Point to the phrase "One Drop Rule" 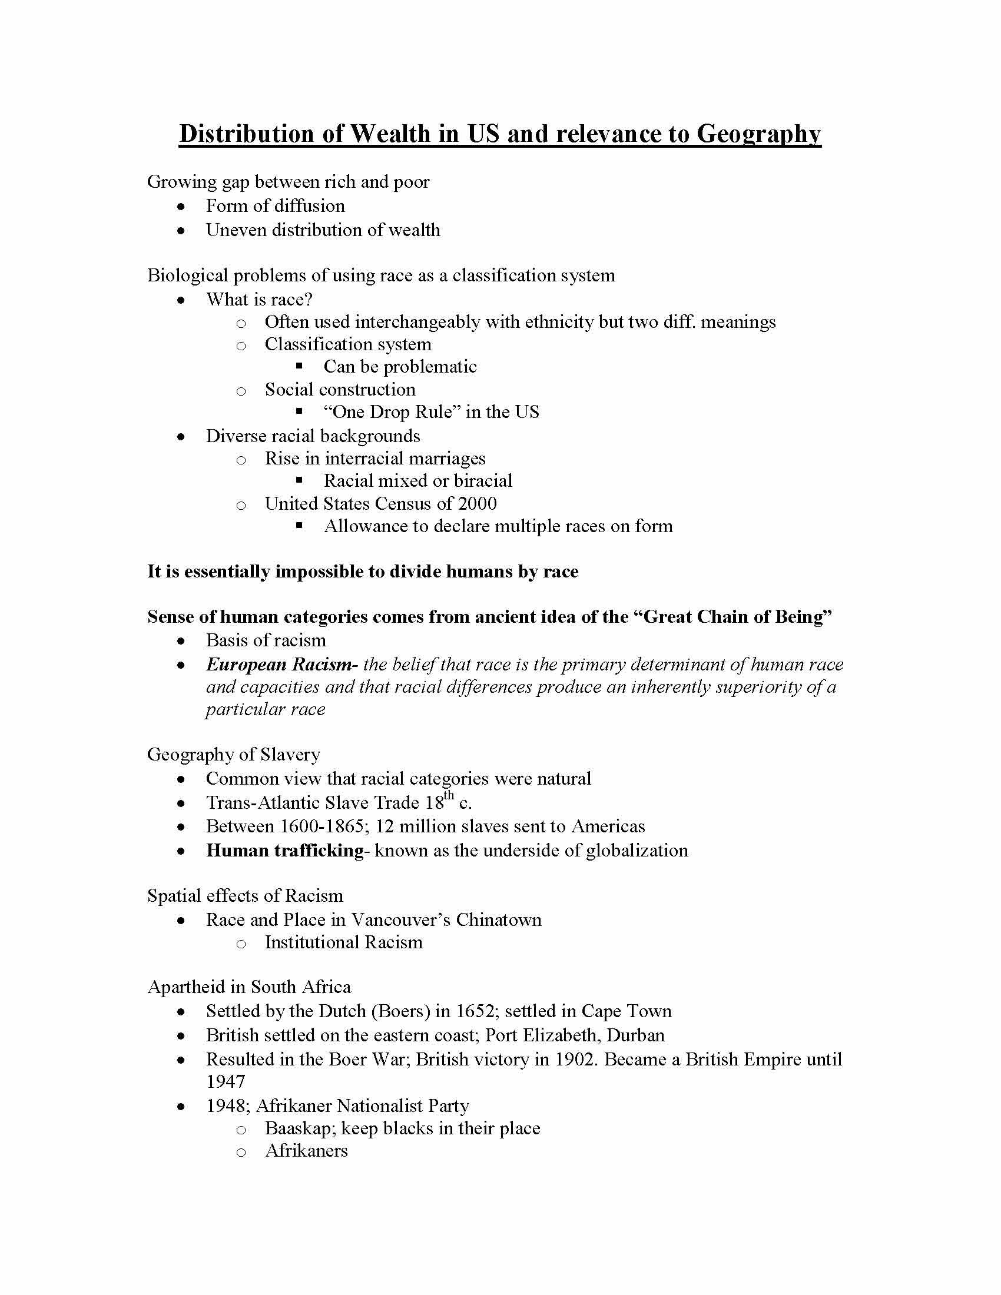pyautogui.click(x=392, y=412)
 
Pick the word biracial pyautogui.click(x=483, y=481)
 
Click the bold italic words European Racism pyautogui.click(x=279, y=665)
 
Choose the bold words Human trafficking pyautogui.click(x=284, y=851)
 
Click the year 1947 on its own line pyautogui.click(x=226, y=1081)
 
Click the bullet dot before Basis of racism pyautogui.click(x=181, y=641)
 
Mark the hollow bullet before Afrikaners pyautogui.click(x=241, y=1152)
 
